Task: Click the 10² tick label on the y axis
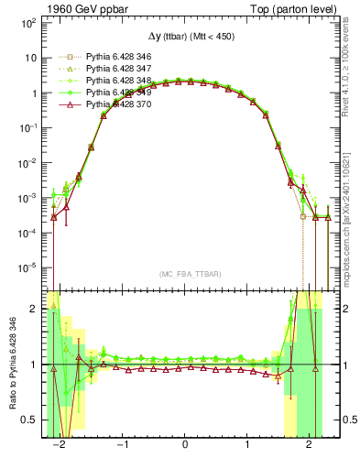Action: pos(28,22)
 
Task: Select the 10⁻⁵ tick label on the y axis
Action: pos(28,268)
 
